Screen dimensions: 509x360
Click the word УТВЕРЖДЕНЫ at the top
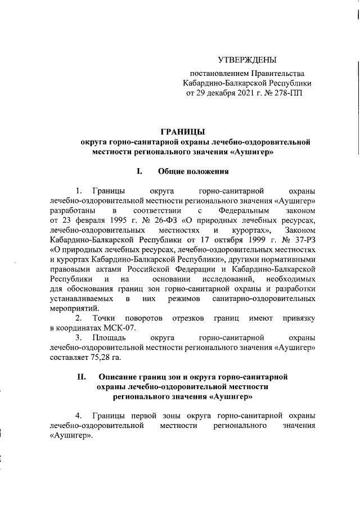click(247, 60)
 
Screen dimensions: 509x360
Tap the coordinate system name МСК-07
click(120, 328)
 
